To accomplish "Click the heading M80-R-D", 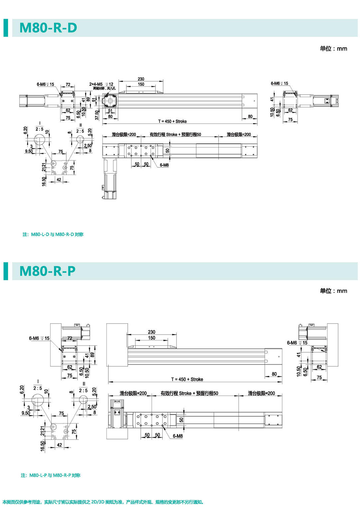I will [x=48, y=28].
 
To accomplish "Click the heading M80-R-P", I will [x=48, y=271].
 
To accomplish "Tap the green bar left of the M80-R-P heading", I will [x=6, y=271].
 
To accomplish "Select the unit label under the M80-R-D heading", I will [x=333, y=49].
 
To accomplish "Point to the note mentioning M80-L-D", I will [x=53, y=234].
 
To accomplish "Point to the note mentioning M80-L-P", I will [x=51, y=475].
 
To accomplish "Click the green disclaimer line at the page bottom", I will [x=103, y=502].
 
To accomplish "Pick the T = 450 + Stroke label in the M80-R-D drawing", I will [x=172, y=121].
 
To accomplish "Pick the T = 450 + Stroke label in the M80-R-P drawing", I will [x=187, y=379].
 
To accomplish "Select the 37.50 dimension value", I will [x=97, y=115].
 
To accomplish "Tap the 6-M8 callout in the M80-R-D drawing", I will [x=164, y=165].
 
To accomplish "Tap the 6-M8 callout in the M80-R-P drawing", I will [x=177, y=436].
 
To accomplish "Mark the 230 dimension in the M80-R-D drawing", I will [x=141, y=79].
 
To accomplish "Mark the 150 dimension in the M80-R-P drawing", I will [x=152, y=338].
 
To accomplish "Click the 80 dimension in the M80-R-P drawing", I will [x=274, y=374].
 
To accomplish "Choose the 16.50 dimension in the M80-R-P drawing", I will [x=42, y=446].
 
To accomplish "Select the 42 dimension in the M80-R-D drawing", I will [x=59, y=180].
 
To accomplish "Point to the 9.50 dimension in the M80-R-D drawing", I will [x=29, y=151].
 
